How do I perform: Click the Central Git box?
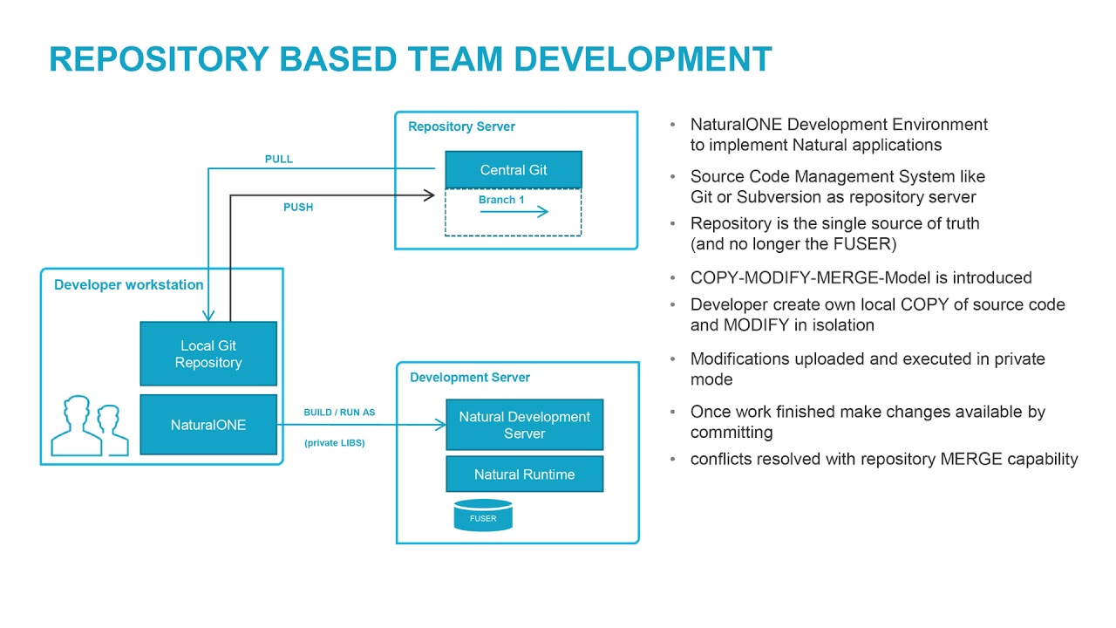tap(513, 170)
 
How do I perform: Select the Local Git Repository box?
tap(208, 354)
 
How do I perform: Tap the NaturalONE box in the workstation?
tap(208, 425)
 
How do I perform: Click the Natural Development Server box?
tap(524, 425)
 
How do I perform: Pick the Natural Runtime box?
tap(524, 474)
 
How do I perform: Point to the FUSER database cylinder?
tap(483, 516)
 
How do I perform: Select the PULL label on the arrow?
tap(279, 160)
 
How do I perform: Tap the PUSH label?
tap(298, 208)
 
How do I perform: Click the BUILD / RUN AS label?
tap(339, 412)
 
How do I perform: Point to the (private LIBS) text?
tap(335, 443)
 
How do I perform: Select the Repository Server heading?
tap(461, 126)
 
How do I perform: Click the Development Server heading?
tap(470, 378)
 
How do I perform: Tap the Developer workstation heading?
tap(128, 285)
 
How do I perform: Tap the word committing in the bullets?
tap(732, 433)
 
